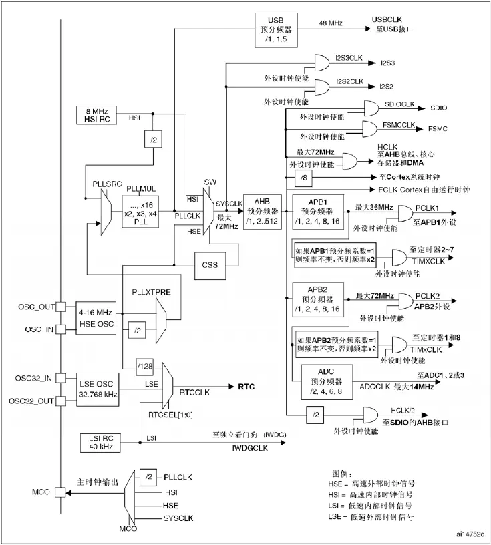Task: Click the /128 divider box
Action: click(x=144, y=367)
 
